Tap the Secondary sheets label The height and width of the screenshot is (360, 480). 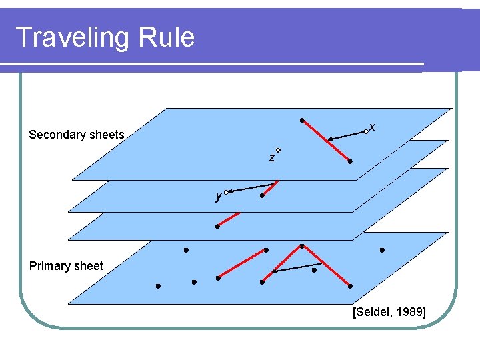click(77, 135)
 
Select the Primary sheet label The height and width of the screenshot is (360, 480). click(66, 266)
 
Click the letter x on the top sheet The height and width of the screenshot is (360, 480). click(372, 127)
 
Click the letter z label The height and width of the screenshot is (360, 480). click(271, 158)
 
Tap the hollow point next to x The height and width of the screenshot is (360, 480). click(366, 132)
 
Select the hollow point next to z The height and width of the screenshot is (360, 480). click(277, 150)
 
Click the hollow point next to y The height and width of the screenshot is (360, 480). click(226, 192)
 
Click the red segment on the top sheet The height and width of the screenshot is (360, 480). click(326, 141)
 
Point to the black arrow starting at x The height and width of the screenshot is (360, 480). click(347, 135)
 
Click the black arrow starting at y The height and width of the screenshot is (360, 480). click(252, 187)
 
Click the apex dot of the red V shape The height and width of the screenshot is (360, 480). click(302, 246)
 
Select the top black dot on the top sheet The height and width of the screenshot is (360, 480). click(302, 120)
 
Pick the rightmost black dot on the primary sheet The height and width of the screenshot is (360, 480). click(382, 250)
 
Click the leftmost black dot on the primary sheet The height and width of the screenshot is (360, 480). click(158, 286)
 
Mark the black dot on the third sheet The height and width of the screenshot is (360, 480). click(217, 227)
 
